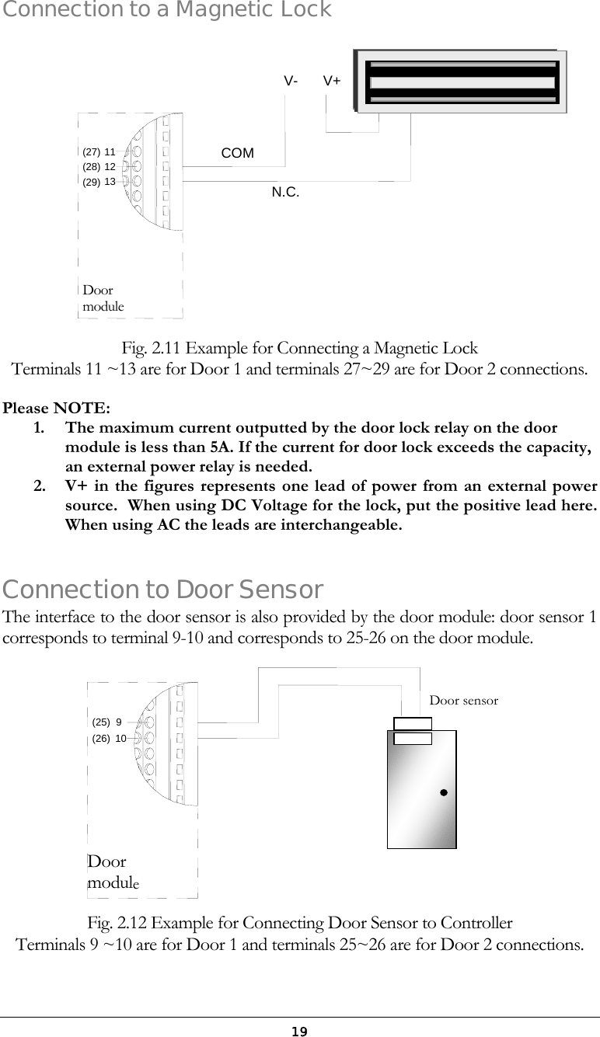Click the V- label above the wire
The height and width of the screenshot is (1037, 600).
pos(291,81)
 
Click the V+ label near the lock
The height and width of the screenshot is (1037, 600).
pos(332,81)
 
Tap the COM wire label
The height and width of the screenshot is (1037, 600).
pos(237,153)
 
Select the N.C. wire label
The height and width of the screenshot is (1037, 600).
pos(285,191)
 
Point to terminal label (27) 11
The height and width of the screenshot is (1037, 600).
pos(99,152)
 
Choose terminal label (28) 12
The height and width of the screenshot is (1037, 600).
pos(99,166)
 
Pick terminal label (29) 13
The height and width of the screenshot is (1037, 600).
pos(99,181)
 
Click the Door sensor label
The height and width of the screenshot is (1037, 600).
pos(463,700)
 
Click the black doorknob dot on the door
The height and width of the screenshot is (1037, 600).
pos(442,793)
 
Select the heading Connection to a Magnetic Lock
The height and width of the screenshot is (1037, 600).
pos(166,10)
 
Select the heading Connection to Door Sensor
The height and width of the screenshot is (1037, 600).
pos(163,590)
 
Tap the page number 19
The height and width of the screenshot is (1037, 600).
pos(299,1031)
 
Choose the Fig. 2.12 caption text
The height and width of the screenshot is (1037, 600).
pos(299,924)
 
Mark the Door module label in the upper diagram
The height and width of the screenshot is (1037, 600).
pos(103,298)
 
